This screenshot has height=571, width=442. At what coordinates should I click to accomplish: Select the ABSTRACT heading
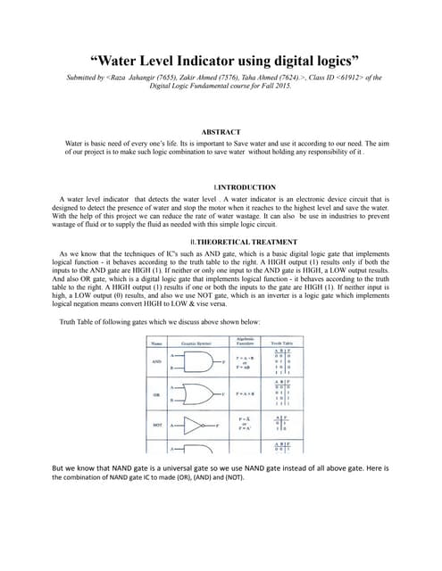(x=221, y=131)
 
